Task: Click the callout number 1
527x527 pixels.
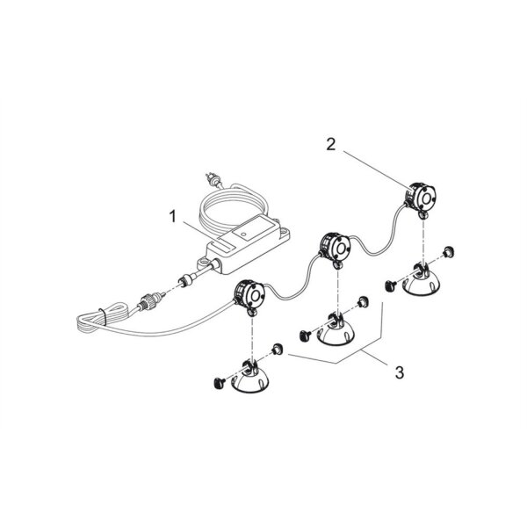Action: (x=173, y=217)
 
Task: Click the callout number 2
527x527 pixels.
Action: (x=331, y=145)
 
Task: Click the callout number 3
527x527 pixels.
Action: (x=400, y=372)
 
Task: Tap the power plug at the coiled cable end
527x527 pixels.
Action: (x=211, y=179)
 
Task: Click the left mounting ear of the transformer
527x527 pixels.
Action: (x=204, y=262)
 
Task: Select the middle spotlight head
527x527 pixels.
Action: (x=336, y=245)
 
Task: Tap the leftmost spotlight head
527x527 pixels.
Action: (x=249, y=294)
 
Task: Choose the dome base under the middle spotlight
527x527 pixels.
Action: (x=336, y=328)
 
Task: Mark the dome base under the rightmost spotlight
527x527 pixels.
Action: (x=422, y=279)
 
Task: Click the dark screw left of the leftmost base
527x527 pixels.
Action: (x=219, y=382)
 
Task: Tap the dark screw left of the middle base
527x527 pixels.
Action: (x=305, y=334)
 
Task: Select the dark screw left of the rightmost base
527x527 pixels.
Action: (x=390, y=285)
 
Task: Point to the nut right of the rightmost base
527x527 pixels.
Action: (x=448, y=251)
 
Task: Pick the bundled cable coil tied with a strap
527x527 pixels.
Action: (x=101, y=318)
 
